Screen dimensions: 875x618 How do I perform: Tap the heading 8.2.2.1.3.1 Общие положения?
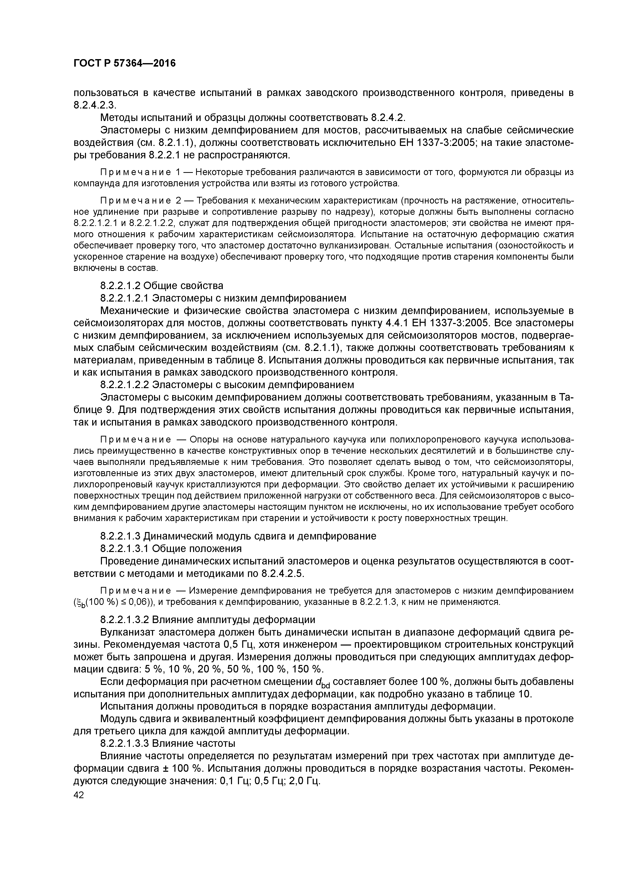(171, 548)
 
